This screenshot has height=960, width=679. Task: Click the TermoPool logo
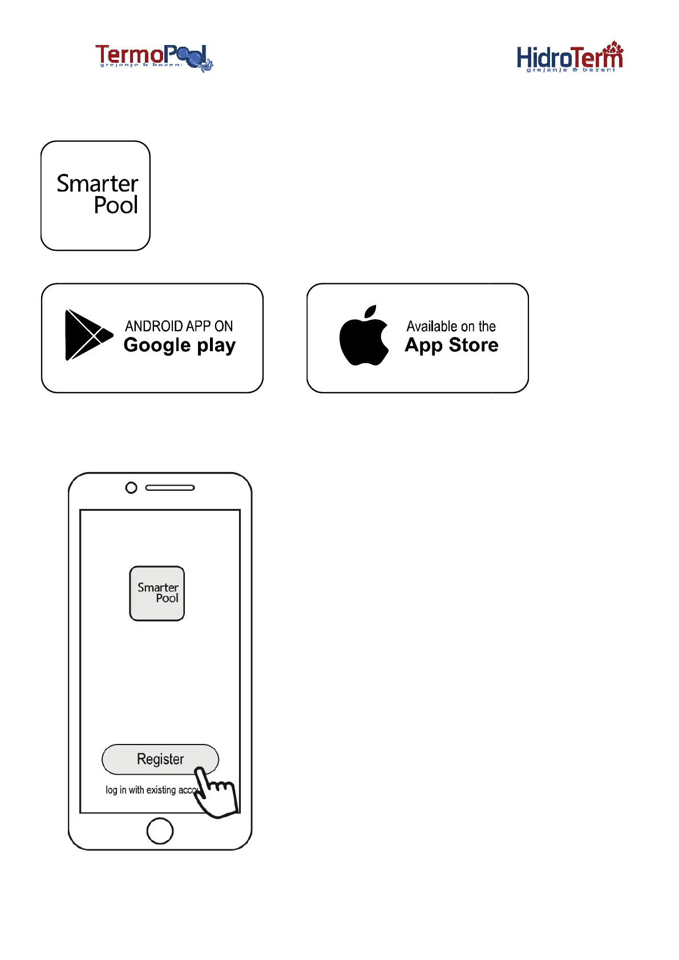tap(153, 58)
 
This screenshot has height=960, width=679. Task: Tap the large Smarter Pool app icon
tap(95, 196)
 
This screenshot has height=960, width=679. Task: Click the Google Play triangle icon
tap(87, 335)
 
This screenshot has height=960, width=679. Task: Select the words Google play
tap(179, 345)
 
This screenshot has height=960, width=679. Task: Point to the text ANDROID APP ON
tap(179, 326)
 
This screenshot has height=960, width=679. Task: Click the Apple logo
tap(363, 336)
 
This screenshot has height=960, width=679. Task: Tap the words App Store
tap(451, 345)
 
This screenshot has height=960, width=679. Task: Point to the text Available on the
tap(451, 327)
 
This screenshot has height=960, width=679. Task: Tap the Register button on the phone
tap(160, 759)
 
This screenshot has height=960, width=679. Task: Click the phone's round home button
tap(160, 831)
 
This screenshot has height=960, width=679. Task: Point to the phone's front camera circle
tap(131, 488)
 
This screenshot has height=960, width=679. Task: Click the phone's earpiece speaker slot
tap(170, 488)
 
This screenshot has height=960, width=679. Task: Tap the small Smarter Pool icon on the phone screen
tap(157, 593)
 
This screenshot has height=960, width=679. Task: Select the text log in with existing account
tap(149, 790)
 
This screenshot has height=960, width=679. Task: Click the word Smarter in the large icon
tap(98, 184)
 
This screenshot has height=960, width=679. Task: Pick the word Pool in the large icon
tap(116, 205)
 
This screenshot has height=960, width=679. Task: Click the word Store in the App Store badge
tap(474, 345)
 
